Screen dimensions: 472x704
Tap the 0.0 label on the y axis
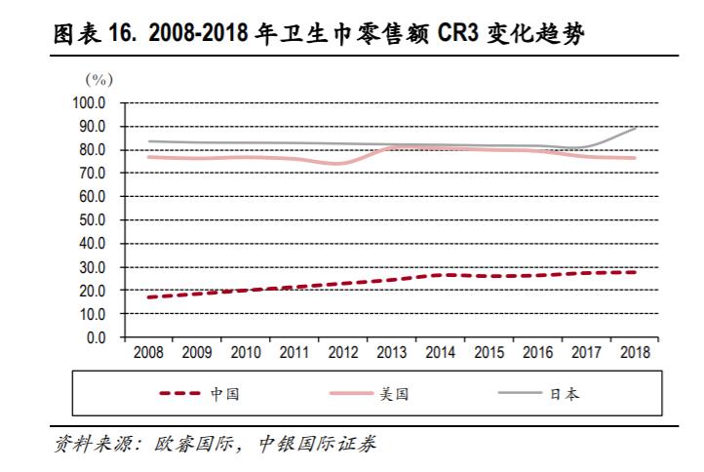99,338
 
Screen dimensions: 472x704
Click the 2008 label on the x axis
146,353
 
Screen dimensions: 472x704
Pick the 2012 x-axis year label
341,353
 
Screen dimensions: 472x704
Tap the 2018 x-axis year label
634,353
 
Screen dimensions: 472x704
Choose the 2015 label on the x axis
488,353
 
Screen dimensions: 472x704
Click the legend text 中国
225,394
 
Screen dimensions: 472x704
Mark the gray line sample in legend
520,394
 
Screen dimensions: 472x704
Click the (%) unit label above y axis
99,78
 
